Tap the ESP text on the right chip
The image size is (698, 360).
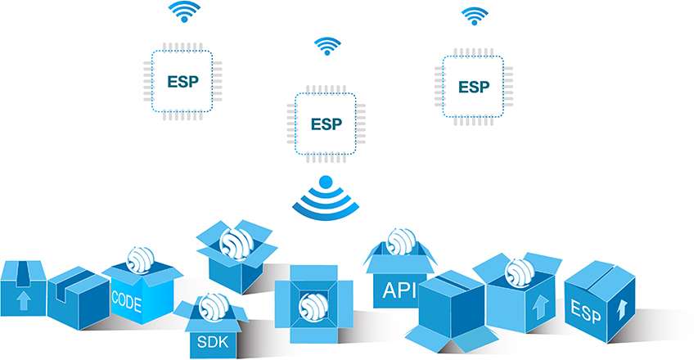(473, 87)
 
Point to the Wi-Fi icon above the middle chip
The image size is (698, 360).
(326, 45)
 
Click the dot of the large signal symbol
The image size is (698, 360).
(325, 182)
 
